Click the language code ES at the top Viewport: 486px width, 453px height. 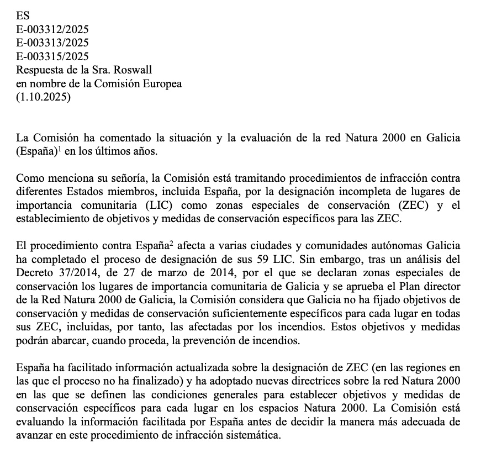(x=23, y=16)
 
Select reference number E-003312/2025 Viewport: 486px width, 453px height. (x=52, y=29)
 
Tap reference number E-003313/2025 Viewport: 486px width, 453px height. (x=52, y=43)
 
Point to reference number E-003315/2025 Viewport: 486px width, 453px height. (x=52, y=56)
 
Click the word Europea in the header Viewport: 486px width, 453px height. (x=162, y=83)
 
